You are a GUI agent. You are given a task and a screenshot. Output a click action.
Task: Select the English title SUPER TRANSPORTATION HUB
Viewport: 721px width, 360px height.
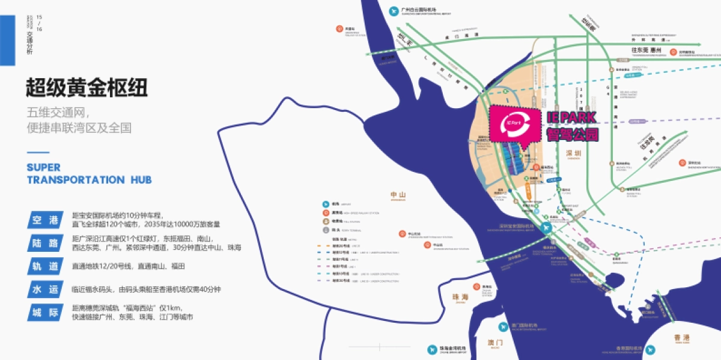click(89, 172)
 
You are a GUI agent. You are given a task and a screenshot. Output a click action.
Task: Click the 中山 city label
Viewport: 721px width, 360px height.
click(398, 195)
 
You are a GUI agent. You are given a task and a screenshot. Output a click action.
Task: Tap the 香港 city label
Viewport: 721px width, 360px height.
click(681, 339)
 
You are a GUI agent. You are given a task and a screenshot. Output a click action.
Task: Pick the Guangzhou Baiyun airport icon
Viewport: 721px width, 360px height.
click(394, 10)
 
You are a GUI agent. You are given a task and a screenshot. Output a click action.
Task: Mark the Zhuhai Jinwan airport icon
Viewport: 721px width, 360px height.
click(431, 349)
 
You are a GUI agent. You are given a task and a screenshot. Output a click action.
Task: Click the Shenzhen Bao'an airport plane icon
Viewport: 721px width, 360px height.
click(545, 228)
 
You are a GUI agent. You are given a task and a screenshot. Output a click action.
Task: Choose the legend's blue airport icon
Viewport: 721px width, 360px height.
click(326, 204)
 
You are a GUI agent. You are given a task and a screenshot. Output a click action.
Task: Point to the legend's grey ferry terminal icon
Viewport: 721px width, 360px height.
click(326, 230)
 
